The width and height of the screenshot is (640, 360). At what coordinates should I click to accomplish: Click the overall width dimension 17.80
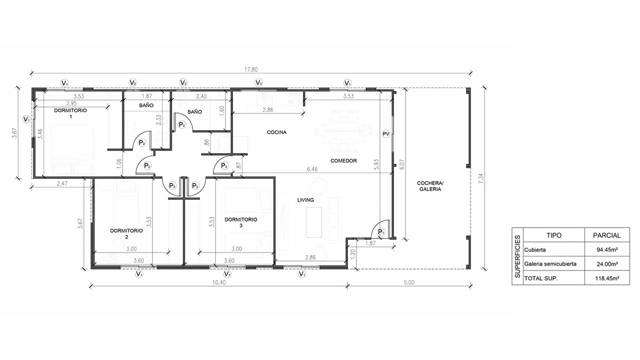tap(251, 69)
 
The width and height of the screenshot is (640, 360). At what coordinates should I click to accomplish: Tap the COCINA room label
tap(276, 132)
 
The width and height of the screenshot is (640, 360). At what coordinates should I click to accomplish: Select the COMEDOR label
tap(343, 161)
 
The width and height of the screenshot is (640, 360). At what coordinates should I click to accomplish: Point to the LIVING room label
tap(305, 200)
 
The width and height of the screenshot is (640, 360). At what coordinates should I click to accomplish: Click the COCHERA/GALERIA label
tap(430, 186)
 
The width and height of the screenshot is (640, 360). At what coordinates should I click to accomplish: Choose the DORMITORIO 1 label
tap(70, 113)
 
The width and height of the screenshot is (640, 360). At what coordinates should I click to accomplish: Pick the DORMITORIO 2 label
tap(126, 233)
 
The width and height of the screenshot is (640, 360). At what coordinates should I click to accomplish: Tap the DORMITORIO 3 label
tap(241, 222)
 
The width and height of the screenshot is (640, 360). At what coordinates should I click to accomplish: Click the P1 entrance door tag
tap(381, 231)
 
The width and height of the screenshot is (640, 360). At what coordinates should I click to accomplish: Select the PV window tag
tap(386, 133)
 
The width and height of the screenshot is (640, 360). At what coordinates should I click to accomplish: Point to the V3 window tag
tap(258, 83)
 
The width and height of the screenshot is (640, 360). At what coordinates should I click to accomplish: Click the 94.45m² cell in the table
tap(607, 249)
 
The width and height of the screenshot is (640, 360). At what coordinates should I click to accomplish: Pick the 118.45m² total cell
tap(607, 278)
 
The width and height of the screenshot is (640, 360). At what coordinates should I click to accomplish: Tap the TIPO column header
tap(554, 235)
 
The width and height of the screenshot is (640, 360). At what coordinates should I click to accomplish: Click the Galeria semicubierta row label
tap(550, 264)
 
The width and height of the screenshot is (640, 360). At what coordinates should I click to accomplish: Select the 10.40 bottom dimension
tap(219, 282)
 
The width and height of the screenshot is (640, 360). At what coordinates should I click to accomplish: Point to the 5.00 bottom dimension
tap(409, 282)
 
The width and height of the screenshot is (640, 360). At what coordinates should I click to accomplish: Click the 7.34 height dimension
tap(481, 178)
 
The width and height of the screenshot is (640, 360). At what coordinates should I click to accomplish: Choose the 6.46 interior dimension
tap(312, 169)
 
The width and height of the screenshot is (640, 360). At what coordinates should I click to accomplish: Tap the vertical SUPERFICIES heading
tap(517, 256)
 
